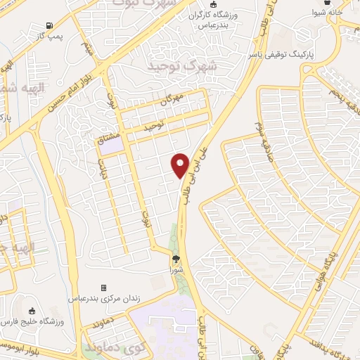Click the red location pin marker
pyautogui.click(x=180, y=165)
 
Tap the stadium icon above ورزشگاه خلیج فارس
pyautogui.click(x=31, y=311)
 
